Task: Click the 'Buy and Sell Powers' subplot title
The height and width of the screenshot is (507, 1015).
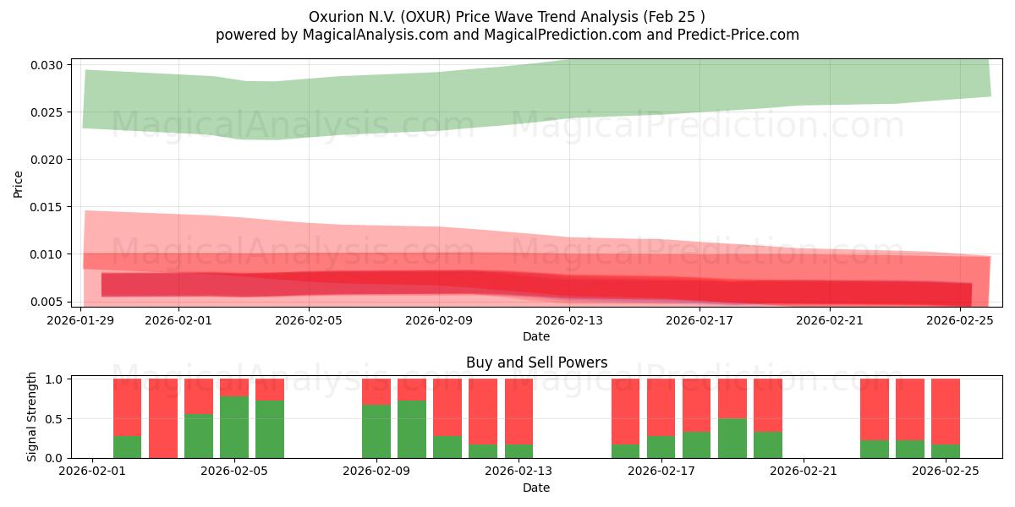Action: coord(536,363)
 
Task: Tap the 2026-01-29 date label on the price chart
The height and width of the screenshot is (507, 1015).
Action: coord(81,320)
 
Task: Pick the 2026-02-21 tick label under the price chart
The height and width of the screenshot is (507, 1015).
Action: coord(830,320)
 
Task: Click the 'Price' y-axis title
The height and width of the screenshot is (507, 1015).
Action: coord(19,183)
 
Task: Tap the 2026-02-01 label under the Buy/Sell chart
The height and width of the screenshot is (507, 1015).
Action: coord(91,472)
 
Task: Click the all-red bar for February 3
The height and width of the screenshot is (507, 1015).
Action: coord(163,418)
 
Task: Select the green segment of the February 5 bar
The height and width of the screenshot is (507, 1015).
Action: coord(234,427)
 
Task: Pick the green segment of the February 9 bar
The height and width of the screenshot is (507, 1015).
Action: coord(376,431)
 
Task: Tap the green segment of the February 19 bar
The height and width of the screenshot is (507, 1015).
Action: coord(732,438)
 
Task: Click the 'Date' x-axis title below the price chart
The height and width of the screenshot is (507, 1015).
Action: coord(536,336)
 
